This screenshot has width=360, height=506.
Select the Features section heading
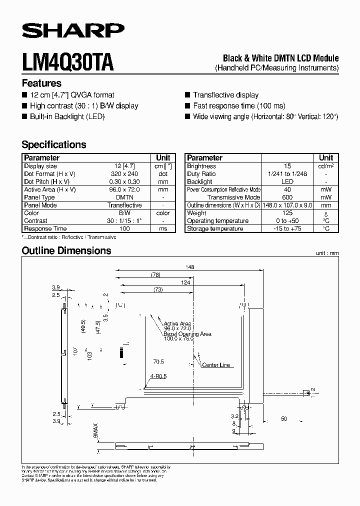[x=41, y=83]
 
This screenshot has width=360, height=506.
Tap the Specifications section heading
[x=54, y=144]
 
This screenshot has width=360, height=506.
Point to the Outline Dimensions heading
[x=66, y=250]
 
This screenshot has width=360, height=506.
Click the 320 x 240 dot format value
[x=124, y=174]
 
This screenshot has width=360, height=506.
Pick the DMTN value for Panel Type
[x=124, y=197]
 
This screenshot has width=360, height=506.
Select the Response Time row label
[x=45, y=228]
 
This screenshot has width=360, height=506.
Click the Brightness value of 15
[x=287, y=166]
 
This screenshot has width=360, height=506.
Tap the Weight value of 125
[x=287, y=213]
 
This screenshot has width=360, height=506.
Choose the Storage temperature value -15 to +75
[x=287, y=228]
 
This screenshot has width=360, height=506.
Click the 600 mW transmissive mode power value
[x=287, y=197]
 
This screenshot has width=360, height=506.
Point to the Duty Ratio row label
[x=201, y=174]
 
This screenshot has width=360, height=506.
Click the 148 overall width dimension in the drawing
[x=189, y=267]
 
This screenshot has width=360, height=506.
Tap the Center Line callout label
[x=216, y=365]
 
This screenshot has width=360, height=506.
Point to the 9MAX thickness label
[x=95, y=429]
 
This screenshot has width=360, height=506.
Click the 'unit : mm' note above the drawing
[x=327, y=253]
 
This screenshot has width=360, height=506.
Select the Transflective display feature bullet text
[x=225, y=95]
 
